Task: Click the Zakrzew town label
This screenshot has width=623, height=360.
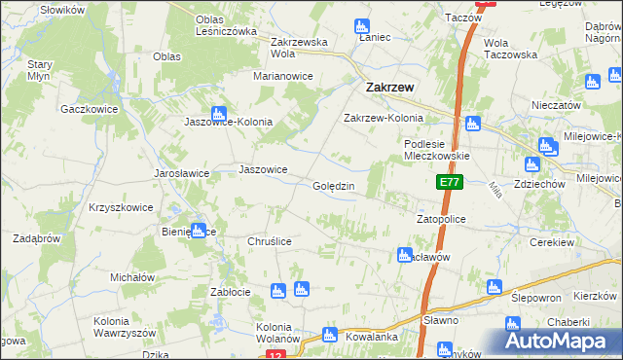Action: point(389,87)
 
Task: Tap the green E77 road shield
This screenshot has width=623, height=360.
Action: point(448,182)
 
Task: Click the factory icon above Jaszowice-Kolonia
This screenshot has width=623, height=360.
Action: point(219,113)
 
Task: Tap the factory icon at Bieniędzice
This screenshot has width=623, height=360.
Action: point(198,232)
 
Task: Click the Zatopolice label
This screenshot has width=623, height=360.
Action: point(441,220)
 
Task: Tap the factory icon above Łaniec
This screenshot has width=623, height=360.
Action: point(362,25)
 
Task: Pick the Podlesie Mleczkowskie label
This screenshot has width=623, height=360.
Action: point(437,149)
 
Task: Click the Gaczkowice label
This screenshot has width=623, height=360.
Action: point(89,109)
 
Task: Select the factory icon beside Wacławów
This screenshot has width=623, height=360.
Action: point(404,255)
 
